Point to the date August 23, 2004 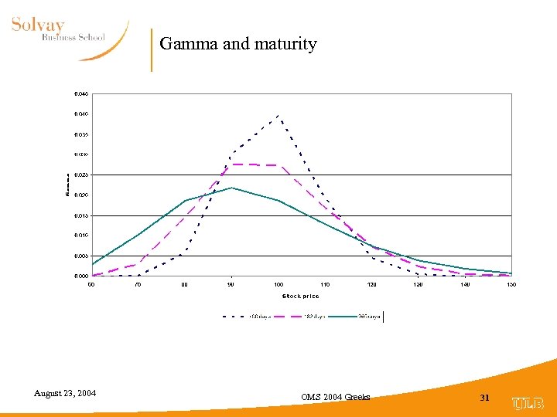tap(65, 394)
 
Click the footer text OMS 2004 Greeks tap(336, 397)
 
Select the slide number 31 tap(486, 397)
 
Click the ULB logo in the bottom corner tap(528, 403)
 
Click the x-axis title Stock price tap(301, 297)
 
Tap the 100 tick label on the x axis tap(278, 285)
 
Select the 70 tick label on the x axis tap(138, 285)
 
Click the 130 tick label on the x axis tap(418, 285)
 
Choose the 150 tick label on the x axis tap(511, 285)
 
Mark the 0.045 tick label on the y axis tap(81, 94)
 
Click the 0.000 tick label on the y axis tap(81, 276)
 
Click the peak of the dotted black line tap(278, 116)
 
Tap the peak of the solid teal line tap(231, 188)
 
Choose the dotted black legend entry tap(248, 316)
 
